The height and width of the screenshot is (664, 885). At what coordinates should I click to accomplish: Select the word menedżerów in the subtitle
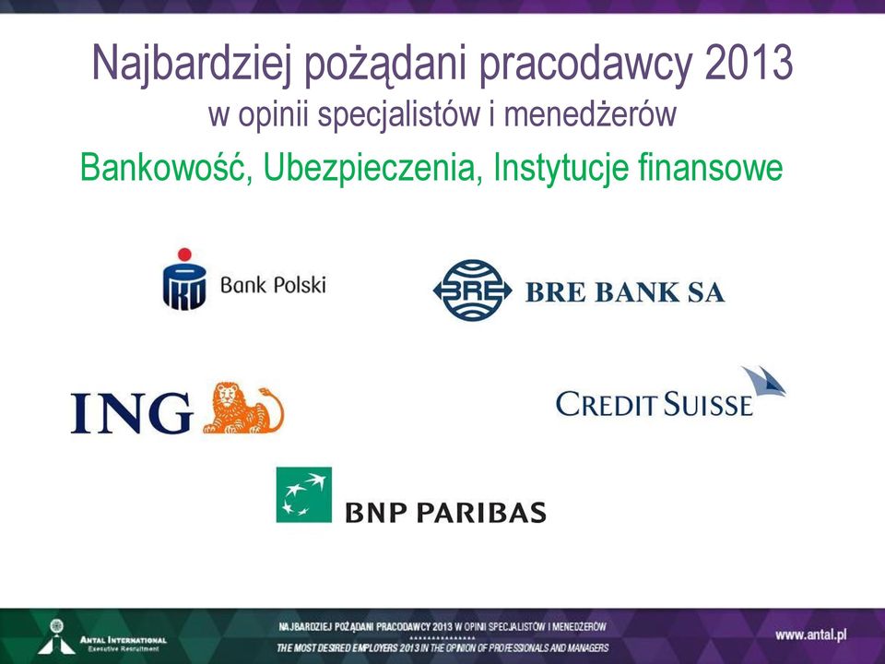pyautogui.click(x=590, y=113)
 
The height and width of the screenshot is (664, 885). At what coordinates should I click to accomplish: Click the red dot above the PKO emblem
pyautogui.click(x=184, y=255)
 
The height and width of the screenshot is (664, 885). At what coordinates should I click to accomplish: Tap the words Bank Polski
pyautogui.click(x=273, y=285)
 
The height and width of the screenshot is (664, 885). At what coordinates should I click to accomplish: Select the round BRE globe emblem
pyautogui.click(x=472, y=290)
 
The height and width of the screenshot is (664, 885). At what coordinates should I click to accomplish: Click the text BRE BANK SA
pyautogui.click(x=625, y=292)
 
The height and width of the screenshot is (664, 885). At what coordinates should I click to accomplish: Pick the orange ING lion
pyautogui.click(x=243, y=408)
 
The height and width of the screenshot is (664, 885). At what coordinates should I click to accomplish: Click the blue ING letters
pyautogui.click(x=132, y=413)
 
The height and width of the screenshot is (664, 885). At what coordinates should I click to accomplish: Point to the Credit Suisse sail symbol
pyautogui.click(x=763, y=381)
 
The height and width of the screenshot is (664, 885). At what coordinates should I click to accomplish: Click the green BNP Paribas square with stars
pyautogui.click(x=303, y=494)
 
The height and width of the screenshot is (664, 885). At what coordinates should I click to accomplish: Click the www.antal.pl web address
pyautogui.click(x=811, y=635)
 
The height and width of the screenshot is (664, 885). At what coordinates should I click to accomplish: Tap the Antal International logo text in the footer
pyautogui.click(x=123, y=643)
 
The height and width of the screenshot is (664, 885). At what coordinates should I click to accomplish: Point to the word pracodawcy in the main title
pyautogui.click(x=586, y=65)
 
